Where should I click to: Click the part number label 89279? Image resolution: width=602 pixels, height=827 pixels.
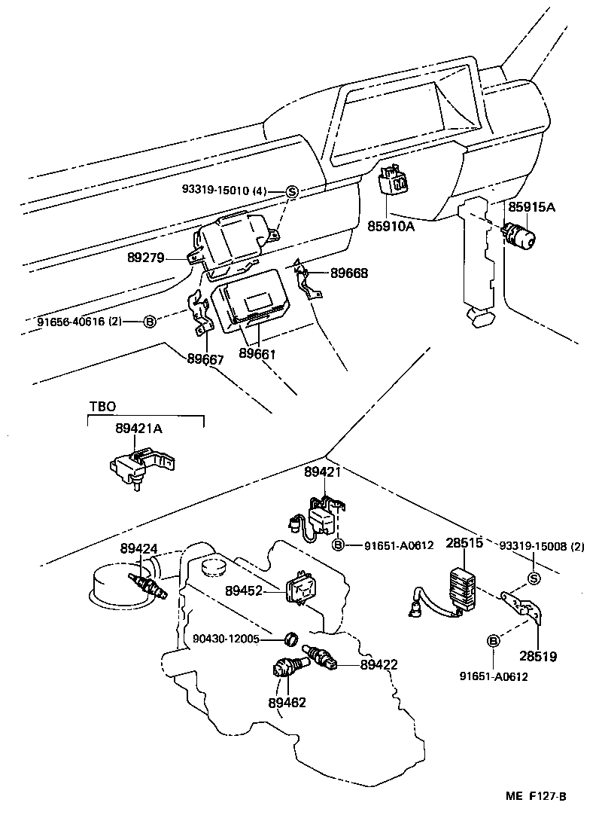tap(146, 258)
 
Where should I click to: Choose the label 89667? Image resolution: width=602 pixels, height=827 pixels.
tap(205, 359)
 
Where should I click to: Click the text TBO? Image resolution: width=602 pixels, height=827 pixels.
tap(102, 406)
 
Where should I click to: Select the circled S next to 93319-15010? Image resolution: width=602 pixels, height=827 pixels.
tap(293, 192)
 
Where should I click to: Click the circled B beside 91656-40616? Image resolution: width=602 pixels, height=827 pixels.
tap(149, 322)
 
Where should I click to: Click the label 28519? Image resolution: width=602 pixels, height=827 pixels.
tap(537, 657)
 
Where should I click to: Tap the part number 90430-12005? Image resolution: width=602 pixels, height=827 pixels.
tap(226, 639)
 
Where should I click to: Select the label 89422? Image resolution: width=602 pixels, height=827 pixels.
tap(379, 664)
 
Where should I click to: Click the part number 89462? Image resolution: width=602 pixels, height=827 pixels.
tap(287, 703)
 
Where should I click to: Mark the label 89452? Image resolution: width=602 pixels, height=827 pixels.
tap(243, 590)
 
